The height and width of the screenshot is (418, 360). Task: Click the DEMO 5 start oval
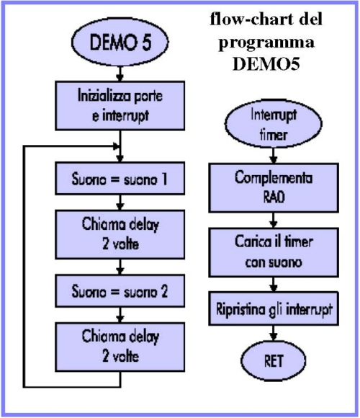point(120,42)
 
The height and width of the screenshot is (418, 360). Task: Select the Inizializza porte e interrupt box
point(120,106)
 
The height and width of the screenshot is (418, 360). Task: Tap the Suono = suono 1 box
point(120,178)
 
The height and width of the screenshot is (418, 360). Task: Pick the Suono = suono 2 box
point(120,291)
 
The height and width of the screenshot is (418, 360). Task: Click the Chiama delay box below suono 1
point(120,234)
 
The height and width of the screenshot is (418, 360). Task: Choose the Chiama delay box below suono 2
point(120,347)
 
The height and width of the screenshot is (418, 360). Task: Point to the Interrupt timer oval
point(274,124)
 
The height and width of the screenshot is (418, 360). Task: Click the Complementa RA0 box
point(274,187)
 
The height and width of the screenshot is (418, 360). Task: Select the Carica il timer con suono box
point(274,252)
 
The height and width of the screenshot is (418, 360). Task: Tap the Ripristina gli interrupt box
point(274,308)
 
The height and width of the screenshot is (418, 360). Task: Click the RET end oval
point(274,360)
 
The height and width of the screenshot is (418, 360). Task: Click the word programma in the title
point(266,43)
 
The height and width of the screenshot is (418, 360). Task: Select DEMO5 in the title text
point(266,64)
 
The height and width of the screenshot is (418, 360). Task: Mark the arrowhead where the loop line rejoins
point(116,146)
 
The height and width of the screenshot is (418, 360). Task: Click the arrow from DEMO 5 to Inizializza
point(120,74)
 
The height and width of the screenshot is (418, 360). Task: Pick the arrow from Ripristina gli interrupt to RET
point(274,334)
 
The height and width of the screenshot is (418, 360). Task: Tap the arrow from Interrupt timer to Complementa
point(274,156)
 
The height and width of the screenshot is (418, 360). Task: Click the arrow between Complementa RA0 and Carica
point(274,221)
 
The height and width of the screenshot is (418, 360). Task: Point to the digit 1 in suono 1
point(164,179)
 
